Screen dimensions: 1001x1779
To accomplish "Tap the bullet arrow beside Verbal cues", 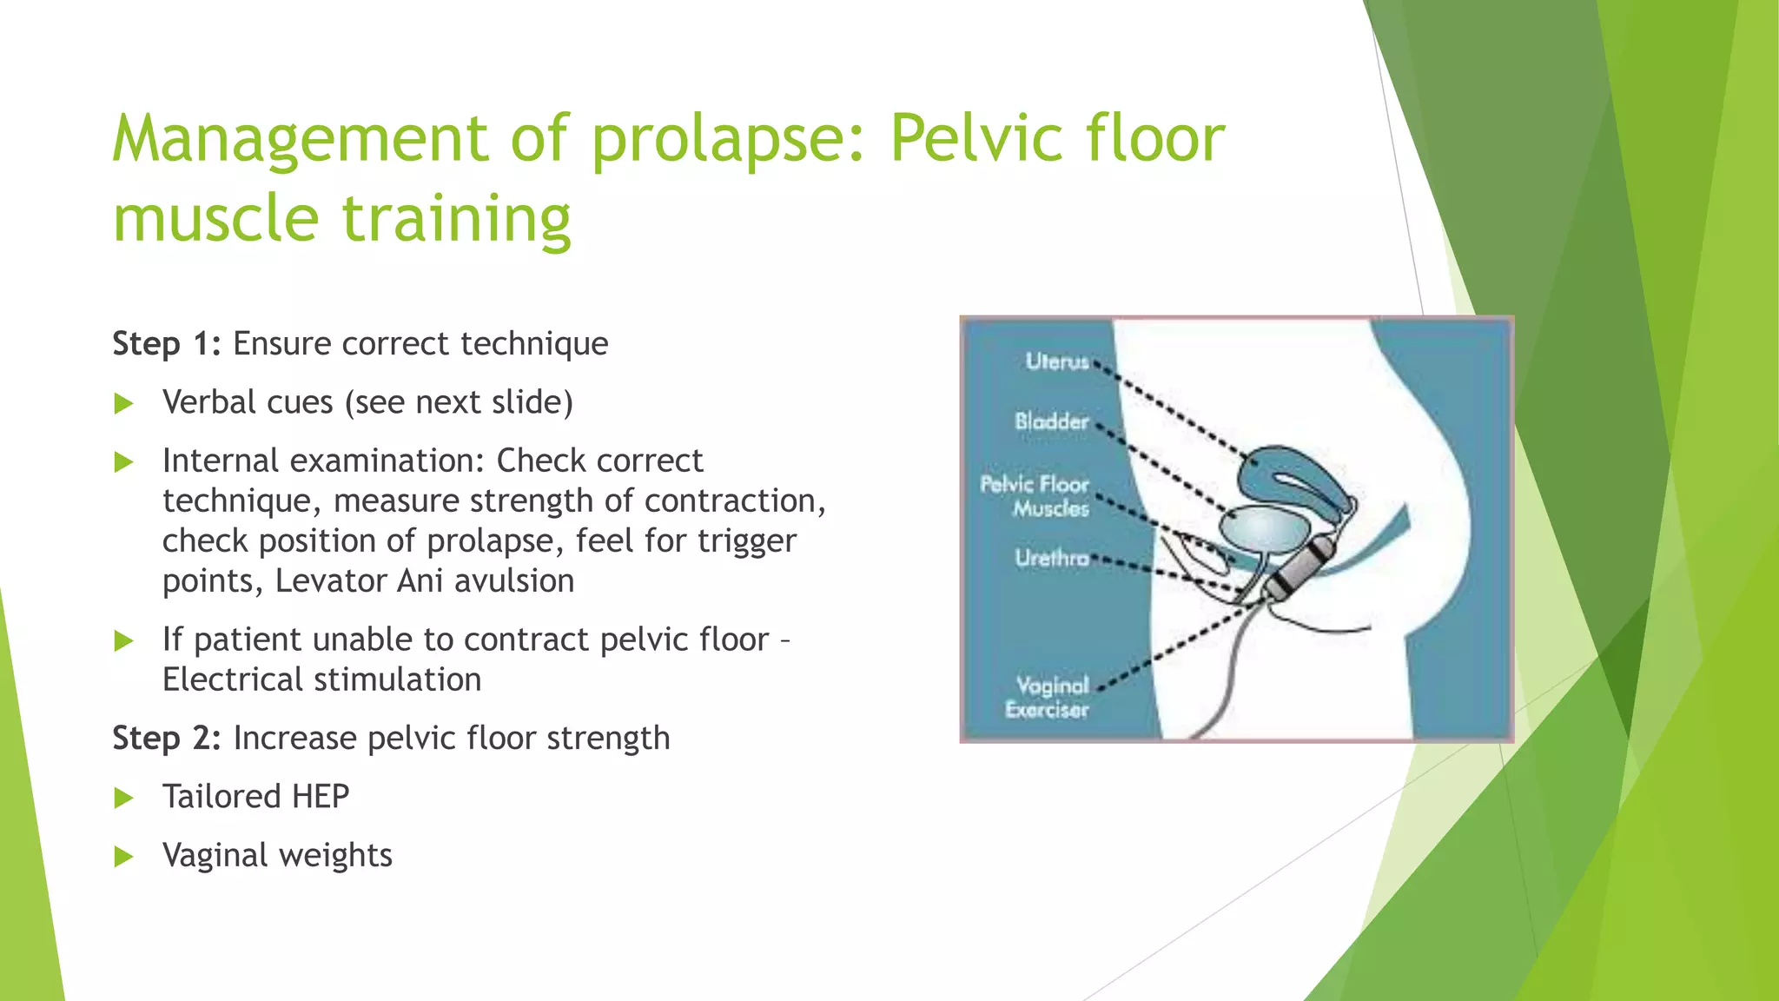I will point(124,403).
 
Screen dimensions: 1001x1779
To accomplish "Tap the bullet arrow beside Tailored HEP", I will point(124,798).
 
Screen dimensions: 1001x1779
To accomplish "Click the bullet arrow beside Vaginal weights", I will point(124,857).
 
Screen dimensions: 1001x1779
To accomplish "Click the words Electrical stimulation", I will point(321,679).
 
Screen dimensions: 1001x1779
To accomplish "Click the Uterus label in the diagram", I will point(1056,361).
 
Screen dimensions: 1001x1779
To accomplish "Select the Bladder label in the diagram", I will point(1051,421).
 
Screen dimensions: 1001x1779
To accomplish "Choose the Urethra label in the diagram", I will point(1051,558).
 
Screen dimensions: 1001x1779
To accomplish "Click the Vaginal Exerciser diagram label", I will point(1048,698).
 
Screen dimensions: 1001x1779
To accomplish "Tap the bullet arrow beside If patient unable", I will point(124,641).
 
